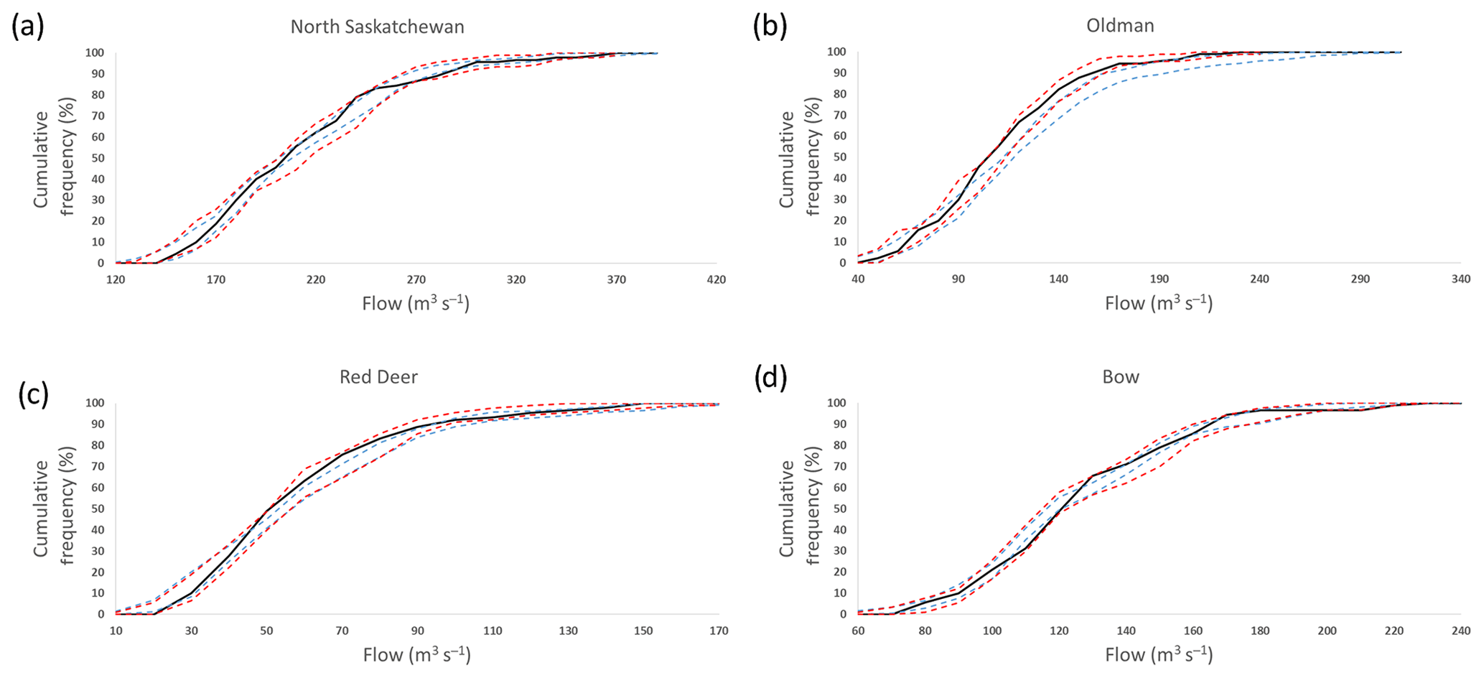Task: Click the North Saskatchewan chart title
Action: click(x=377, y=27)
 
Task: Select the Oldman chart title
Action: click(x=1120, y=26)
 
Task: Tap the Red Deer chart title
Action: click(x=378, y=377)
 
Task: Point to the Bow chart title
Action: click(x=1120, y=377)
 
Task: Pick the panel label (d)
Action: click(x=770, y=378)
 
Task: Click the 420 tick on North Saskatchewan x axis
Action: click(x=716, y=279)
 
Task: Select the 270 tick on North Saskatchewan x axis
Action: click(x=416, y=279)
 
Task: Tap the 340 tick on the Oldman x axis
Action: click(x=1460, y=279)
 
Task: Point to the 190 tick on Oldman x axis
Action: click(x=1159, y=279)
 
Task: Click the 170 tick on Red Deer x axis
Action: click(x=719, y=631)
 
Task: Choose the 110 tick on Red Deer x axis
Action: click(x=493, y=631)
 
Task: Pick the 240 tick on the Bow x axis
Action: click(x=1460, y=631)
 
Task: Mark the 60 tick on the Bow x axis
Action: click(x=858, y=631)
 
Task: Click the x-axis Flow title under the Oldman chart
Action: click(x=1158, y=303)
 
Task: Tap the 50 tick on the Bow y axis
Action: click(x=839, y=509)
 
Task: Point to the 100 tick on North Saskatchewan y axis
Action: click(x=95, y=53)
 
